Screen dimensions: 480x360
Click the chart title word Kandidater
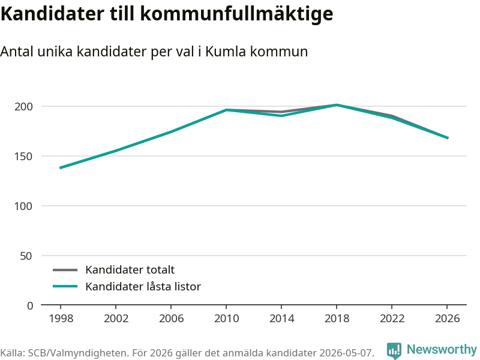click(x=52, y=13)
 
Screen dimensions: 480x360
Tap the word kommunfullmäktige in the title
click(x=236, y=14)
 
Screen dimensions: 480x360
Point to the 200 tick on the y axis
click(x=23, y=107)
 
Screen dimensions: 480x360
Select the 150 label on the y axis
click(x=23, y=157)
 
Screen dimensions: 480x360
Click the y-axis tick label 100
click(x=23, y=206)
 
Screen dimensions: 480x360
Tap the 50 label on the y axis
click(x=26, y=256)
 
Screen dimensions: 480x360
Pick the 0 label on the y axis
click(x=30, y=305)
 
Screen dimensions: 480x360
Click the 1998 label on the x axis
click(x=61, y=319)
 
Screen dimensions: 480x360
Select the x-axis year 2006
click(x=171, y=319)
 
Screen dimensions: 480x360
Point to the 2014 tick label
click(x=281, y=319)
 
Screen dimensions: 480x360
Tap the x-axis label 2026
click(x=447, y=319)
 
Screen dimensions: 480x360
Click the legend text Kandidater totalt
click(x=130, y=269)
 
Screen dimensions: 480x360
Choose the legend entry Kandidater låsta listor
click(x=143, y=287)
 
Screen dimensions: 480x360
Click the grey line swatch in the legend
click(x=65, y=270)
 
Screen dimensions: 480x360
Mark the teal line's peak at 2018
click(x=337, y=105)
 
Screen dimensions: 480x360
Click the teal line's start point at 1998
click(x=61, y=168)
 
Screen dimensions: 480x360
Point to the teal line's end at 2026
click(x=448, y=138)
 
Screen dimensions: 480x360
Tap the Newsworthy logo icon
click(x=394, y=350)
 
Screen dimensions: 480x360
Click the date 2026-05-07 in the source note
click(x=346, y=353)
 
